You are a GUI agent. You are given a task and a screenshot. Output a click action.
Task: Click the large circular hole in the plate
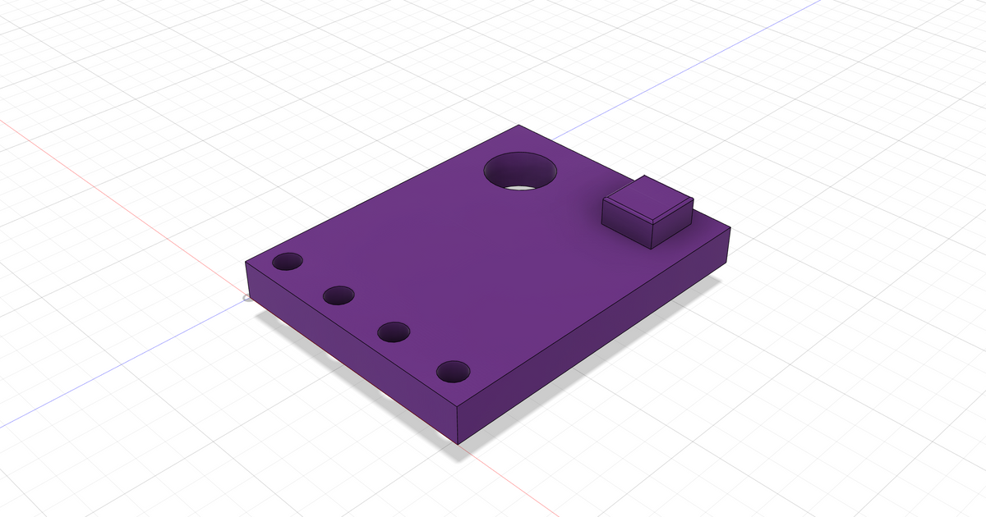519,172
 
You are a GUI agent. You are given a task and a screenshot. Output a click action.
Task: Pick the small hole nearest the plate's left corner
288,263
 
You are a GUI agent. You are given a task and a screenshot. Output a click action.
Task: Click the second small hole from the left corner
339,295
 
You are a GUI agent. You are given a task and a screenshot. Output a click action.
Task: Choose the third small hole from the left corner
394,332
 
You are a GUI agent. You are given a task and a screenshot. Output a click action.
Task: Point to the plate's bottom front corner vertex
458,444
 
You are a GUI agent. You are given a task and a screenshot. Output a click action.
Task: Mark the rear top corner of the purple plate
519,126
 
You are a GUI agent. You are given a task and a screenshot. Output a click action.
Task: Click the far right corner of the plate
730,231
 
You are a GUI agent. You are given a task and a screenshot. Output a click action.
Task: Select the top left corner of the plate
246,262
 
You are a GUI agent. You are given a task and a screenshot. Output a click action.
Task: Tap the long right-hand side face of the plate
600,345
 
